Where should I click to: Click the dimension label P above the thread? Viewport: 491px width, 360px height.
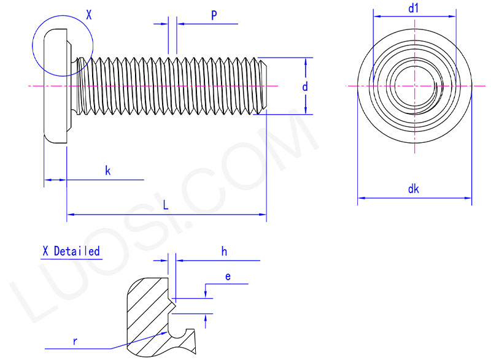pyautogui.click(x=214, y=15)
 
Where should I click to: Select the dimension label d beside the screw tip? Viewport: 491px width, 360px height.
pyautogui.click(x=305, y=87)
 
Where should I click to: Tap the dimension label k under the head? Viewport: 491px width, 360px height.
pyautogui.click(x=107, y=171)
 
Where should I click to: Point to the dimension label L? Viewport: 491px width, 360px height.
pyautogui.click(x=166, y=206)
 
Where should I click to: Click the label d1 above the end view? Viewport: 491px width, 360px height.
pyautogui.click(x=413, y=8)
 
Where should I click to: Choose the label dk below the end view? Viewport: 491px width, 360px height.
pyautogui.click(x=413, y=190)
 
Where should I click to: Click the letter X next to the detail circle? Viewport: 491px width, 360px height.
pyautogui.click(x=89, y=15)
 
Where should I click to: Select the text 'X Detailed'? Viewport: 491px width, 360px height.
pyautogui.click(x=71, y=251)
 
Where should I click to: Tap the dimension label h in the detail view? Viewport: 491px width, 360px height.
pyautogui.click(x=225, y=251)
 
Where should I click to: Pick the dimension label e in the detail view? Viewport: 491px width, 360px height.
pyautogui.click(x=228, y=277)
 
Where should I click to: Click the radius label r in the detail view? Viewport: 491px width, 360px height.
pyautogui.click(x=75, y=342)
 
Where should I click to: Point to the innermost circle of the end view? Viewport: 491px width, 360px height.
pyautogui.click(x=414, y=86)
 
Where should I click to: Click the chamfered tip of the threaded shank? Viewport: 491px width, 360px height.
pyautogui.click(x=263, y=86)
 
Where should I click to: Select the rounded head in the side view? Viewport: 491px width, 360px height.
pyautogui.click(x=55, y=86)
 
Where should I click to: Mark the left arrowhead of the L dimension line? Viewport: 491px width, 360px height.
pyautogui.click(x=69, y=214)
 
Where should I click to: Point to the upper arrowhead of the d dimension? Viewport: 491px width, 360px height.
pyautogui.click(x=305, y=61)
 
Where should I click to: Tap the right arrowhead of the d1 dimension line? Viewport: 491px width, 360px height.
pyautogui.click(x=454, y=17)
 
